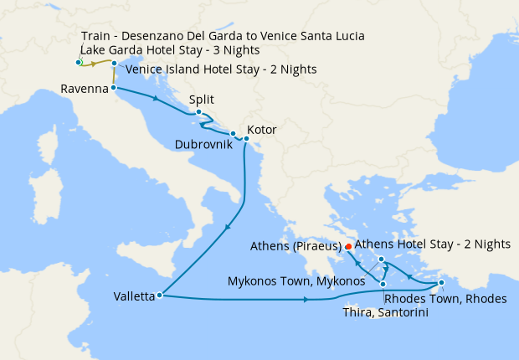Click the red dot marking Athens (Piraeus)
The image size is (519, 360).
(347, 246)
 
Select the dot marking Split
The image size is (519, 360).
(198, 113)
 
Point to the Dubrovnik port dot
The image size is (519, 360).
(233, 133)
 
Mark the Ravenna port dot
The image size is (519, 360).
(112, 87)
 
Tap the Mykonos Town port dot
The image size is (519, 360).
(381, 260)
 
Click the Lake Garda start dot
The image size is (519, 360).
(78, 63)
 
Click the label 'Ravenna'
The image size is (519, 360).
(84, 88)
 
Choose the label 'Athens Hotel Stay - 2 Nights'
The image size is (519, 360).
(432, 244)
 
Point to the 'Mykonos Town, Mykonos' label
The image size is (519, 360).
(296, 280)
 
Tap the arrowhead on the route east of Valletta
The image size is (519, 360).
(301, 299)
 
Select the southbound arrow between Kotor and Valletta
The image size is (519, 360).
(229, 229)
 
